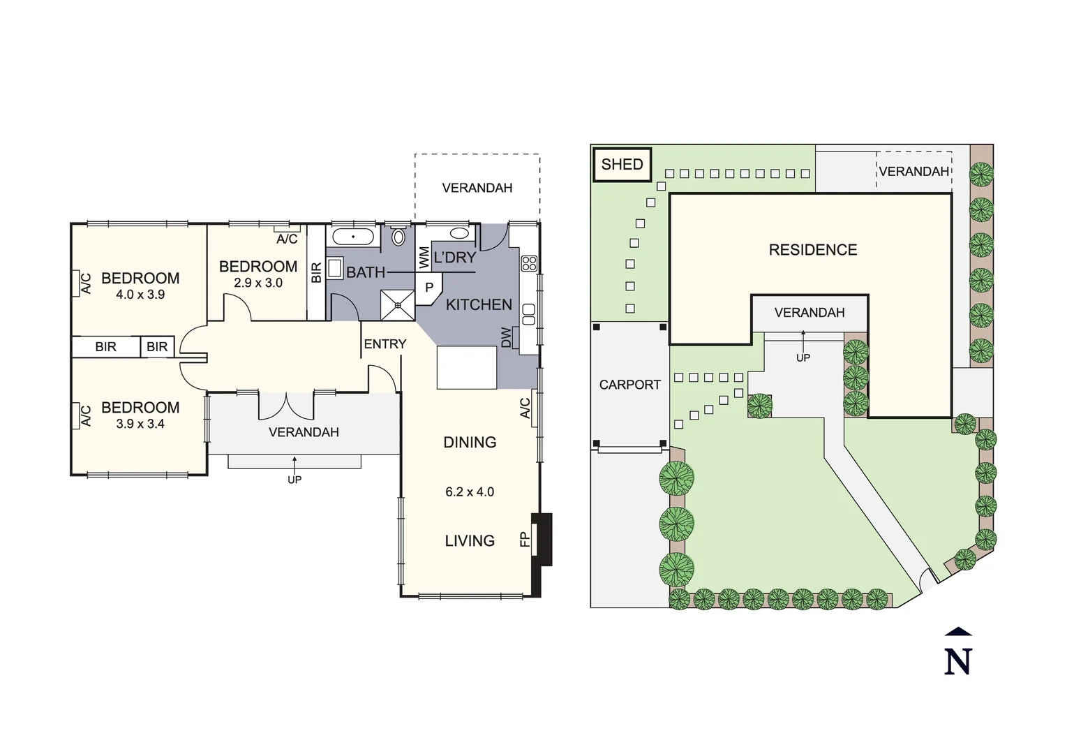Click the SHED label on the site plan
click(621, 165)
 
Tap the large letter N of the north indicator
click(958, 661)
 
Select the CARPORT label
click(629, 385)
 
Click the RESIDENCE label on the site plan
click(812, 250)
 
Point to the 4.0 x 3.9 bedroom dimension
click(140, 295)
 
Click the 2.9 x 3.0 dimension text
click(258, 283)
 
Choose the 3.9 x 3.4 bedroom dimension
click(140, 424)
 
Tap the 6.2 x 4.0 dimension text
click(470, 492)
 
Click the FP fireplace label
click(525, 539)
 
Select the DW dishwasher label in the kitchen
click(507, 337)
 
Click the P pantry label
click(429, 287)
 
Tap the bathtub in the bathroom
click(354, 237)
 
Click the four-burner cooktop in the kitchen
click(529, 263)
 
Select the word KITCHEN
click(479, 304)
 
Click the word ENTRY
click(385, 344)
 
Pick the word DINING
click(470, 443)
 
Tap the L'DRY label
click(455, 258)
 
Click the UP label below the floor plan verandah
click(294, 480)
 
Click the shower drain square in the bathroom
click(398, 304)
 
